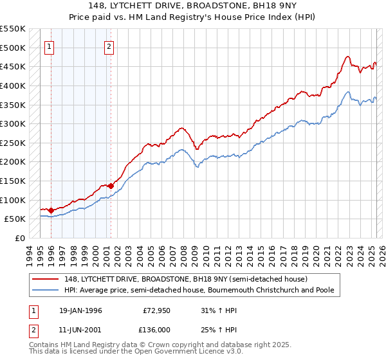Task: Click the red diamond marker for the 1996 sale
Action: pyautogui.click(x=51, y=210)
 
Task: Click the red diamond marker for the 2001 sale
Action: pyautogui.click(x=111, y=186)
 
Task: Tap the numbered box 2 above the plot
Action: pyautogui.click(x=109, y=46)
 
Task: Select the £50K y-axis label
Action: pyautogui.click(x=14, y=219)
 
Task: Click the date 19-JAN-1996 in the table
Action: pyautogui.click(x=80, y=310)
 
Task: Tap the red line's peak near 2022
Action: pyautogui.click(x=347, y=57)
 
